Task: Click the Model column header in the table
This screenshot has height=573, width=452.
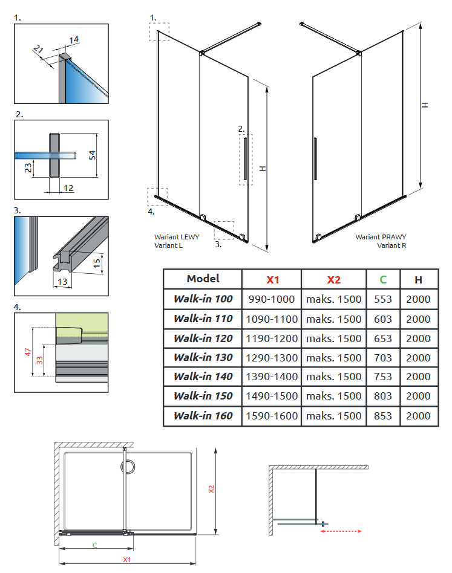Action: (x=203, y=279)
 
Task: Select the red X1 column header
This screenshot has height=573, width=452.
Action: (x=272, y=279)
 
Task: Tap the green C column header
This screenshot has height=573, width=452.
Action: (x=383, y=279)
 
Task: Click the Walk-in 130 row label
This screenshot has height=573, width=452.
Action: (x=203, y=357)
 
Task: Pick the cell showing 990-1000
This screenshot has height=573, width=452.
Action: (x=272, y=299)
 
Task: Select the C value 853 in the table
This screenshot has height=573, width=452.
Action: (x=383, y=416)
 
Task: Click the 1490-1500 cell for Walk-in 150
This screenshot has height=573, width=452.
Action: (x=272, y=396)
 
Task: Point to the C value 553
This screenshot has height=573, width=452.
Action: (x=383, y=299)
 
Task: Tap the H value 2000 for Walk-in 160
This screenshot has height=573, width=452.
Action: (x=419, y=416)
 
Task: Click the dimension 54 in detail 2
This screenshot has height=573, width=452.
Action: (x=93, y=155)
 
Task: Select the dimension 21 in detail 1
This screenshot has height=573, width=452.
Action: (x=39, y=49)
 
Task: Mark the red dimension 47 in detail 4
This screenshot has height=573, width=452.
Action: (x=28, y=352)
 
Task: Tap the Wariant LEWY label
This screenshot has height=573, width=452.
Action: (x=177, y=237)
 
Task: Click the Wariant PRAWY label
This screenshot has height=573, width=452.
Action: (x=381, y=237)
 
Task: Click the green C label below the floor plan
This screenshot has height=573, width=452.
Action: (x=94, y=545)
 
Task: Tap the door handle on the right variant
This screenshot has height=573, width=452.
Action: (x=315, y=158)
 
